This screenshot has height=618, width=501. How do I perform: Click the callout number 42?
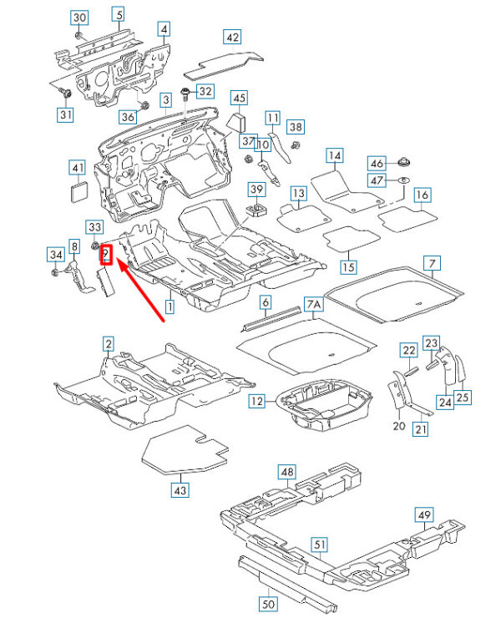[x=232, y=37]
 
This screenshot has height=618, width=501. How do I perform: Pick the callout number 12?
[x=258, y=402]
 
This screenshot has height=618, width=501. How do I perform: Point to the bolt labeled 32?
[x=186, y=92]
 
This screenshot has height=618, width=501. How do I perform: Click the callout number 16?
[x=423, y=195]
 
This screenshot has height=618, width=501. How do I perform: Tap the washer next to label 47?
[x=402, y=180]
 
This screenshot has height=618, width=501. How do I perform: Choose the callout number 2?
[x=108, y=343]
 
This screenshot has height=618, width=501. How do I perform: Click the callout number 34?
[x=55, y=254]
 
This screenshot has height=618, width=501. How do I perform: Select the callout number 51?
[x=317, y=544]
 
